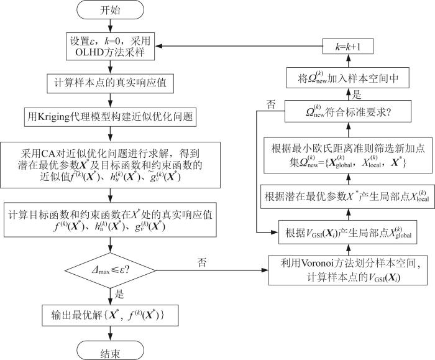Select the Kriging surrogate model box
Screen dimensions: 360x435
[110, 116]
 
